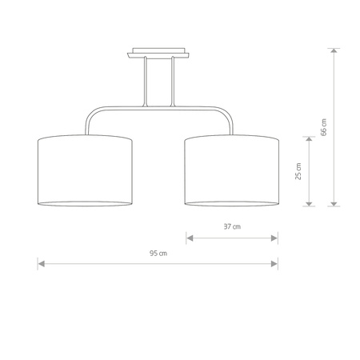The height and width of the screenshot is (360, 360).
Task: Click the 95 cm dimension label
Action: pyautogui.click(x=158, y=254)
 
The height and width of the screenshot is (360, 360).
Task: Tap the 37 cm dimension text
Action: pyautogui.click(x=232, y=226)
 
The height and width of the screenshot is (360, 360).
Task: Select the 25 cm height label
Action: pyautogui.click(x=298, y=171)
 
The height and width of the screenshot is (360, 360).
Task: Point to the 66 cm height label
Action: pyautogui.click(x=323, y=126)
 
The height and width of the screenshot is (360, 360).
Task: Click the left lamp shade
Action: pyautogui.click(x=85, y=170)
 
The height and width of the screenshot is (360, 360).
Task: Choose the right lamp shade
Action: pyautogui.click(x=232, y=170)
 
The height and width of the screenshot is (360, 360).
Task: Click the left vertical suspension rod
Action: pyautogui.click(x=145, y=84)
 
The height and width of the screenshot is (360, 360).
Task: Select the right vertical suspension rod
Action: pyautogui.click(x=172, y=84)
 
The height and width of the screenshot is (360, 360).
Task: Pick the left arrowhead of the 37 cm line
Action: pyautogui.click(x=189, y=236)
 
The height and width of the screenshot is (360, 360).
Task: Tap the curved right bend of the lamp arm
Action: pyautogui.click(x=228, y=118)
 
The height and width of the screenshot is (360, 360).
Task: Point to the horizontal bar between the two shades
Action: pyautogui.click(x=158, y=110)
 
